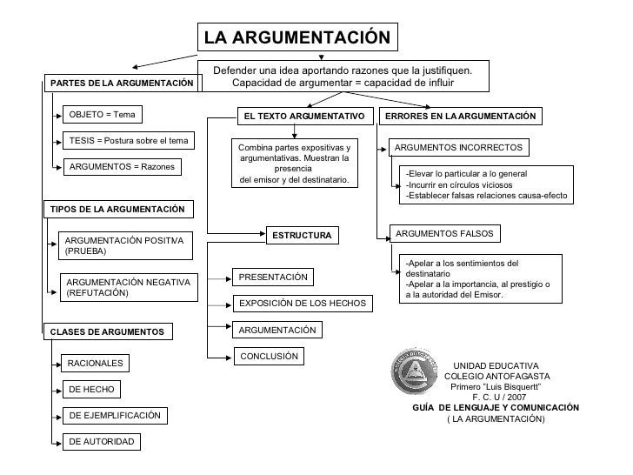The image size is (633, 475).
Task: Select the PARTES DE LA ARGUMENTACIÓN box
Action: (122, 83)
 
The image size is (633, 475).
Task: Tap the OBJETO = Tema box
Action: (103, 115)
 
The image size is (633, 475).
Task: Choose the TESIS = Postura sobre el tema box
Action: (129, 141)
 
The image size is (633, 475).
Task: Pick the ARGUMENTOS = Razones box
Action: (122, 166)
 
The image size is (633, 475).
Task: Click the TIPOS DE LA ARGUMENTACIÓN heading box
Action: (117, 209)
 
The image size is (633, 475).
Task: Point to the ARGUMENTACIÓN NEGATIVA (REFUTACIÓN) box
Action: (130, 287)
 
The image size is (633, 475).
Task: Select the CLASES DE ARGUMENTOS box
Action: (108, 331)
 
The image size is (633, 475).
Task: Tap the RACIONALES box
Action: (96, 363)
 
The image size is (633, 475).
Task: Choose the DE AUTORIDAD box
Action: (102, 442)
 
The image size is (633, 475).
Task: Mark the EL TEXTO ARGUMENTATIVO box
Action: (303, 116)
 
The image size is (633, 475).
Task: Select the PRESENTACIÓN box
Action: (273, 277)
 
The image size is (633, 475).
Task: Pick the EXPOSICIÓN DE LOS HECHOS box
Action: (303, 304)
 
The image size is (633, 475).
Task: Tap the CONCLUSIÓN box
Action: (269, 356)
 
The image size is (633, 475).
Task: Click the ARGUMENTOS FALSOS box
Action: (444, 234)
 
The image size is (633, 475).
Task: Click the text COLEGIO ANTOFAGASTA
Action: (496, 376)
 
